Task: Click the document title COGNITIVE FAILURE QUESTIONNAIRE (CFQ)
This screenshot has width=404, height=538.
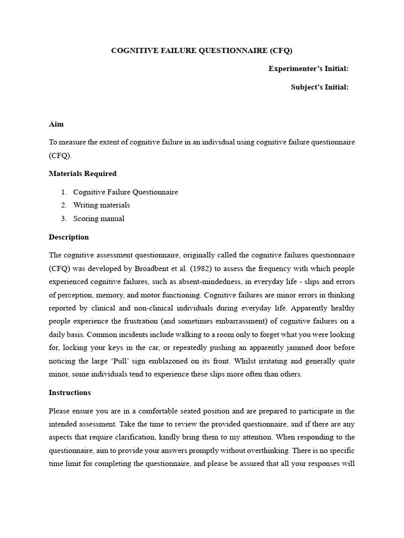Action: click(x=201, y=51)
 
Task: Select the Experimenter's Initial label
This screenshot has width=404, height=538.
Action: click(x=308, y=69)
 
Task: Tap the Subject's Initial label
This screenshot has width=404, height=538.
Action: click(x=320, y=87)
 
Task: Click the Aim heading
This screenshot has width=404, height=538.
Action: click(x=56, y=124)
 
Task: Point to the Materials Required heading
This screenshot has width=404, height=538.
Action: click(x=83, y=173)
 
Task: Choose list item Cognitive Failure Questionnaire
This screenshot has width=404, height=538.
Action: click(x=125, y=192)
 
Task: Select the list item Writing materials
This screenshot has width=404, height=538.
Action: click(x=102, y=205)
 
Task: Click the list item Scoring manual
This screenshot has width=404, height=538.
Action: click(x=99, y=219)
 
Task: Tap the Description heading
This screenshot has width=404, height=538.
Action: click(x=69, y=237)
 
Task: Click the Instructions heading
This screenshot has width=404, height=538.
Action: click(x=70, y=392)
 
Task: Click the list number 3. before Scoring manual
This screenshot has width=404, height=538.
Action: click(x=64, y=219)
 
